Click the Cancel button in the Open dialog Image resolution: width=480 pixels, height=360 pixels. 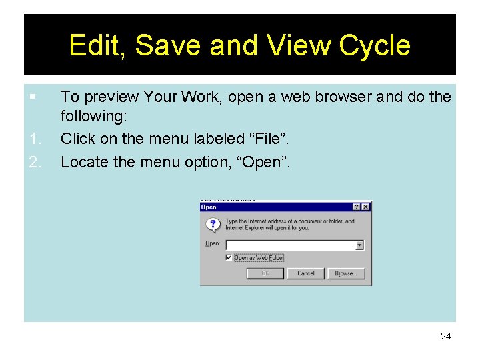(306, 273)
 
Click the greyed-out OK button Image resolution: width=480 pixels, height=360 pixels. (265, 273)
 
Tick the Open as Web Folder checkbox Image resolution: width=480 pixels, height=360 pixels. (229, 258)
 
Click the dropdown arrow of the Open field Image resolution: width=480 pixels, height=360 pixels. (359, 245)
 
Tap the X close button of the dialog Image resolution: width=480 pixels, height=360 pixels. (365, 207)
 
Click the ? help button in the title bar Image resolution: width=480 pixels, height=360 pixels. (357, 207)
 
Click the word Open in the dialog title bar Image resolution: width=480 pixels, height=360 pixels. (209, 207)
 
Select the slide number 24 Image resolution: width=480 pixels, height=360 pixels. (445, 336)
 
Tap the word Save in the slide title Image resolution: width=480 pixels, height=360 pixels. (169, 45)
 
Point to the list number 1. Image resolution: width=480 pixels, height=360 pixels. (35, 139)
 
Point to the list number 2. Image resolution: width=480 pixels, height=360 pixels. (35, 161)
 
